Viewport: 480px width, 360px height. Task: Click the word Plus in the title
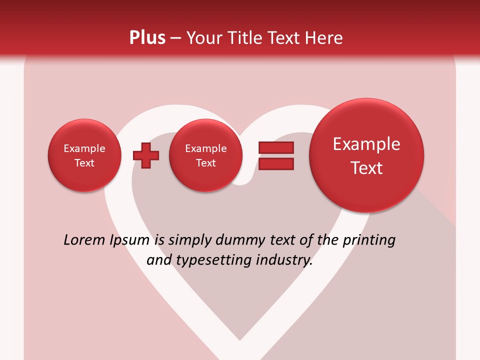coord(147,38)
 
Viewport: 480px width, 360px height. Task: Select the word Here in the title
coord(324,38)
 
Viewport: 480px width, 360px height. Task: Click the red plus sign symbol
coord(145,155)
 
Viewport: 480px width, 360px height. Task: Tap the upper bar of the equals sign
coord(275,148)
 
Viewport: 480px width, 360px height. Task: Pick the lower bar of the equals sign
coord(275,163)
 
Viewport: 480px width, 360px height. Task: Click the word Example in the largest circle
coord(366,144)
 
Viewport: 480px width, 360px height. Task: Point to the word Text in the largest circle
coord(366,168)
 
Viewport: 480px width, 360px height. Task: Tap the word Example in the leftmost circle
coord(84,148)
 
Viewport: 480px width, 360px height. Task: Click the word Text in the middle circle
coord(205,163)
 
